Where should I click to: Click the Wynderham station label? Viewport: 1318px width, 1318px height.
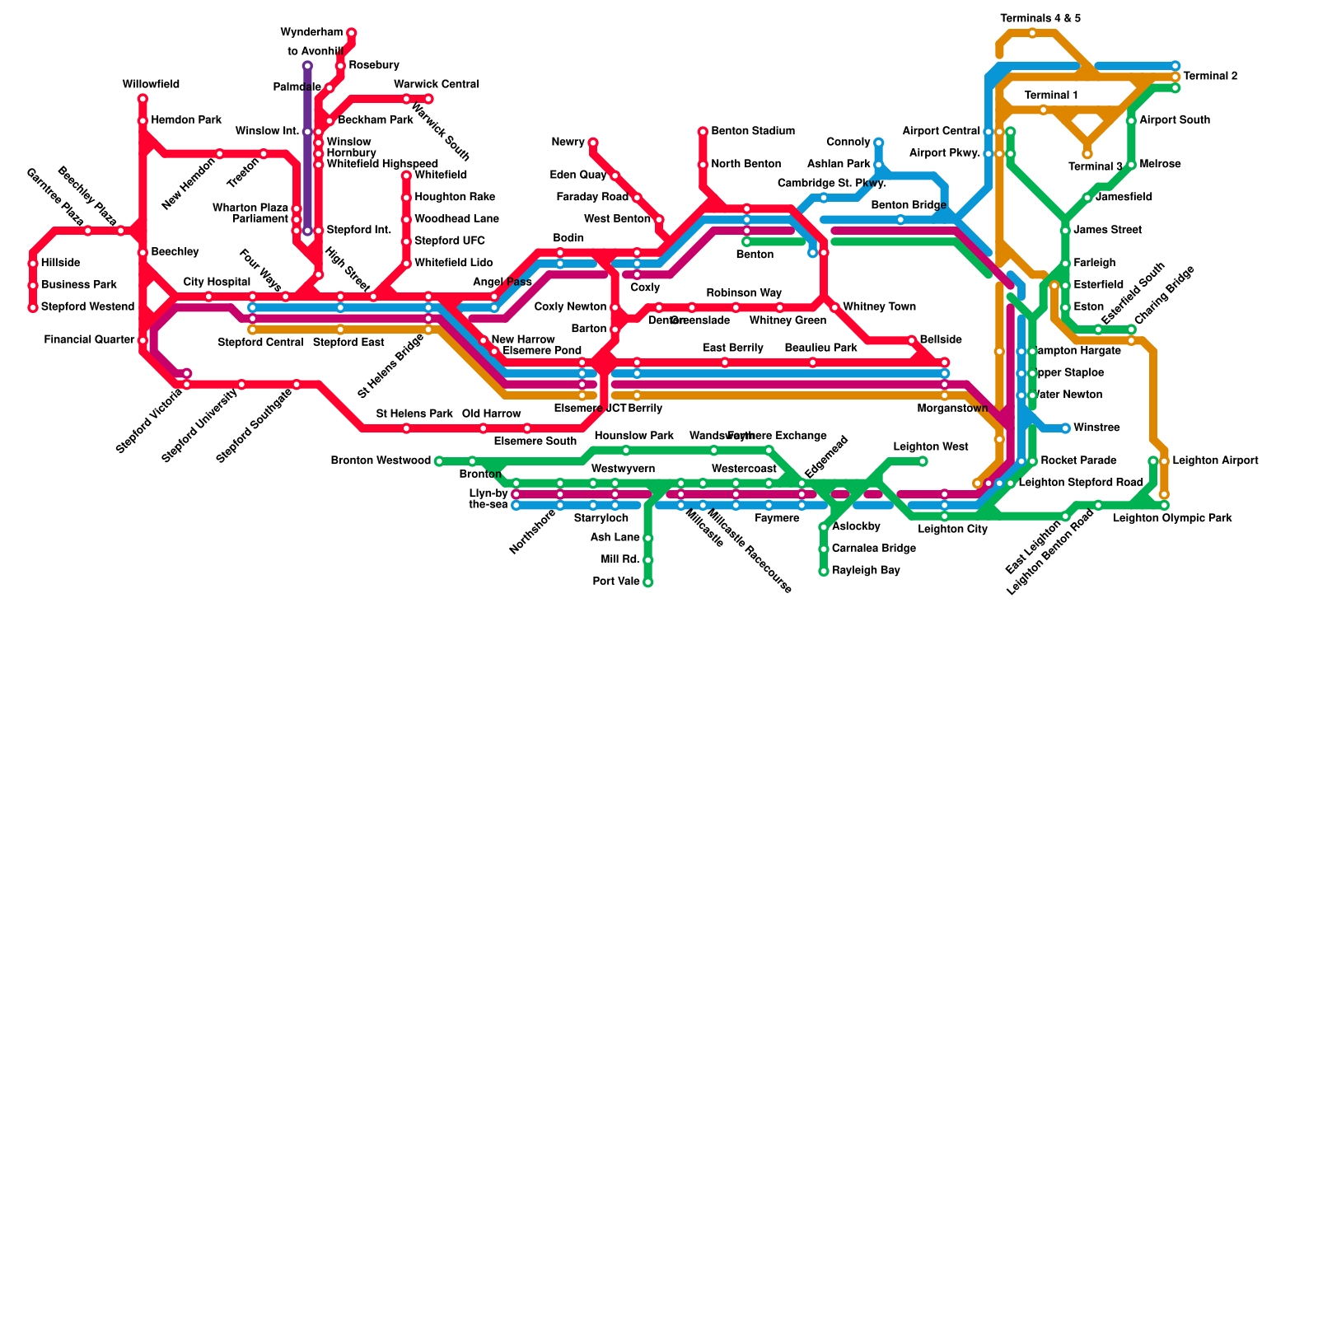tap(311, 33)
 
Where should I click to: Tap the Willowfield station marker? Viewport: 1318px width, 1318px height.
tap(143, 99)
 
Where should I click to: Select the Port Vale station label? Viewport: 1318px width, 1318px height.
tap(616, 582)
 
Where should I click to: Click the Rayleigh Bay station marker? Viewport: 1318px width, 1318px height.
tap(823, 571)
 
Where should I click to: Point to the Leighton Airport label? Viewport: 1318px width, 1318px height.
tap(1215, 460)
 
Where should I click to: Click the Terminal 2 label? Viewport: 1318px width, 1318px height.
tap(1210, 77)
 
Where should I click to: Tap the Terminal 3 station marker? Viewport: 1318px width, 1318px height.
tap(1087, 154)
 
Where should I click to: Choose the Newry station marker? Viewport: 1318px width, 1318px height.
tap(593, 143)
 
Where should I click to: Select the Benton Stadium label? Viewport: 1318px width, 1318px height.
tap(753, 131)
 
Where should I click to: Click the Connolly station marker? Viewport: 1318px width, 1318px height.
tap(879, 143)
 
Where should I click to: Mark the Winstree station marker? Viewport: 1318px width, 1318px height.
tap(1065, 428)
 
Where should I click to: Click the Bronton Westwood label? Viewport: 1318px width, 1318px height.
tap(381, 460)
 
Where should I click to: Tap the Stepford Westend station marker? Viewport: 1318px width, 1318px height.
tap(33, 308)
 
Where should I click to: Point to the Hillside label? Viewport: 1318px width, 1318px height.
tap(60, 264)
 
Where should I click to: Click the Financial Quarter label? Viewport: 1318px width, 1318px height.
tap(89, 339)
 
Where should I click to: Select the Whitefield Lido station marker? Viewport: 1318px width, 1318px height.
tap(406, 264)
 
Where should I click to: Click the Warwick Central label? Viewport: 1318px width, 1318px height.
tap(436, 85)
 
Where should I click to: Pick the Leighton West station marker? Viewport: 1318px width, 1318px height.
tap(923, 461)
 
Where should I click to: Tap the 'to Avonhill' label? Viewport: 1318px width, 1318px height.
tap(315, 52)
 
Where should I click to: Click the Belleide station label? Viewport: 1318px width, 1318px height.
tap(941, 339)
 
